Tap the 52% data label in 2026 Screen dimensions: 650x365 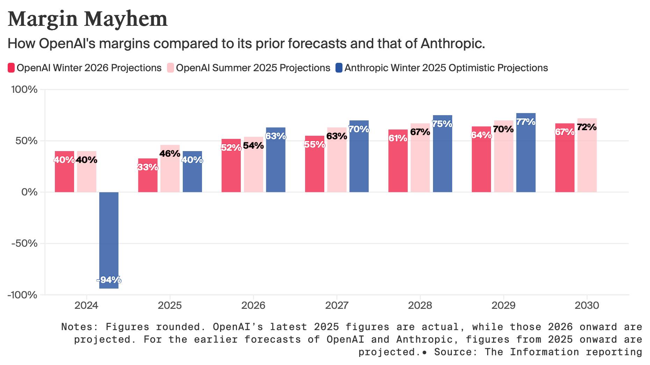231,148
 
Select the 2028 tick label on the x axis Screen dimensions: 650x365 420,306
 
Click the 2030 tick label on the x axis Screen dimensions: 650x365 587,306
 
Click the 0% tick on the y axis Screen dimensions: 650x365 29,192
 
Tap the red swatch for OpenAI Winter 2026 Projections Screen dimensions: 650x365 11,68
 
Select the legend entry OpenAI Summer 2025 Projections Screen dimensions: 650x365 253,68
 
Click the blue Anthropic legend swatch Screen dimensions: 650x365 339,68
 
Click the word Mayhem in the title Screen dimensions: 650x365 126,19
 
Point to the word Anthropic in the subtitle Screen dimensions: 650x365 452,44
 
